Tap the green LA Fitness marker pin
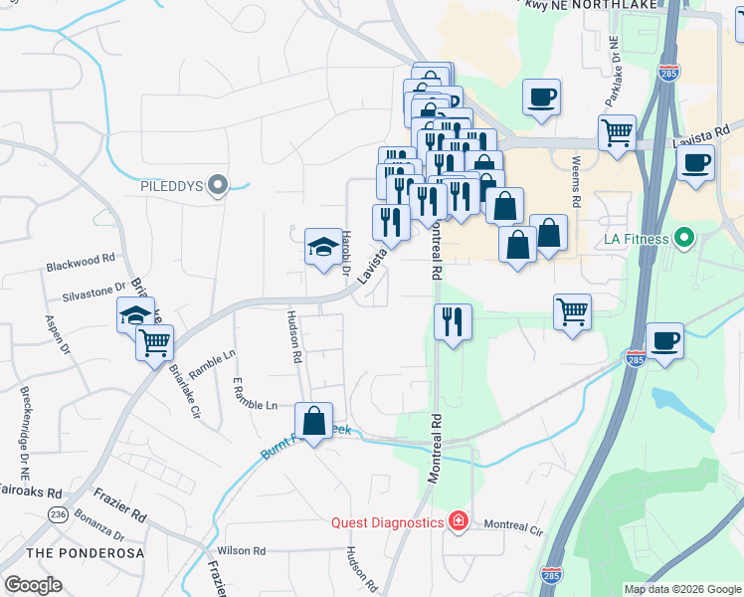tap(682, 239)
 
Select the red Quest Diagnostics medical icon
tap(458, 522)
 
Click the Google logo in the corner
tap(34, 585)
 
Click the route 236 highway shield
tap(58, 513)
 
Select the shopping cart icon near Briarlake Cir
tap(154, 342)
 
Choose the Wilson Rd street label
tap(241, 550)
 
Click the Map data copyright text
tap(681, 588)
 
